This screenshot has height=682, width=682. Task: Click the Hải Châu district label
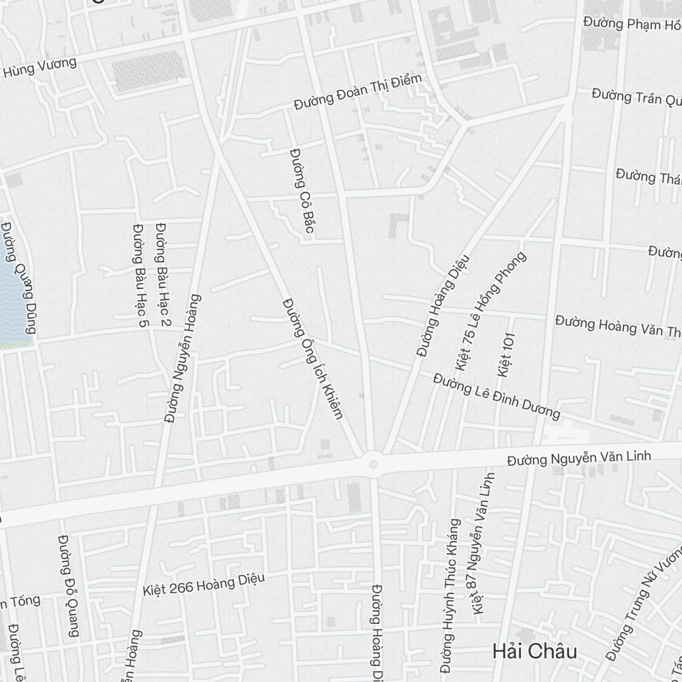click(534, 651)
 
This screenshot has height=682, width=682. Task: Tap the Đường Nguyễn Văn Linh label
click(579, 458)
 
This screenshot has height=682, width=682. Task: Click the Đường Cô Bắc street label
click(301, 191)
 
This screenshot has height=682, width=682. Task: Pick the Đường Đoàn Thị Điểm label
click(358, 93)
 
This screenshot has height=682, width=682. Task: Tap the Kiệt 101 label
click(506, 355)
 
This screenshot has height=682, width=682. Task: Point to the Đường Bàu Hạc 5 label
click(140, 273)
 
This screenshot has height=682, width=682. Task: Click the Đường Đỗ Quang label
click(69, 585)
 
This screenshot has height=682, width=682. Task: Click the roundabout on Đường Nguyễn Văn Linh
click(372, 464)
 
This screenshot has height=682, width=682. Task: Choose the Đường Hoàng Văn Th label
click(618, 325)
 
